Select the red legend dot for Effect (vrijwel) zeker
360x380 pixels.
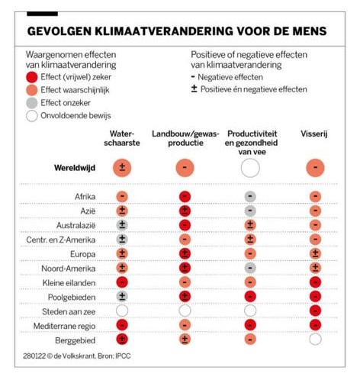point(32,77)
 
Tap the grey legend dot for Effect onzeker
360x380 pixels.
point(32,103)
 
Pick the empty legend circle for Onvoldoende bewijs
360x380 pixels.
point(32,116)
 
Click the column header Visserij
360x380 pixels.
point(313,134)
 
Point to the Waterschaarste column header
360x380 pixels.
point(122,138)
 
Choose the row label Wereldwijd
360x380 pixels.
point(75,168)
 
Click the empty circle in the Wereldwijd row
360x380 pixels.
point(250,168)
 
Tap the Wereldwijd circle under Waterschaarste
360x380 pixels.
point(122,168)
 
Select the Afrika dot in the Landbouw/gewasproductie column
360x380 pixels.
point(185,197)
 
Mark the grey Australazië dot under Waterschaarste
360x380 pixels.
point(122,225)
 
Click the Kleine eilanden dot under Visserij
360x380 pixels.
point(315,282)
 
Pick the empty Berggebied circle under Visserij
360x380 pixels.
point(315,340)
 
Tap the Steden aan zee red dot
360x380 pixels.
point(315,311)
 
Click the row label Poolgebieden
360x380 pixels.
point(72,297)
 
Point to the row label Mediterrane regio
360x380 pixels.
point(64,326)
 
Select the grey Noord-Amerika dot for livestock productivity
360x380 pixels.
point(250,268)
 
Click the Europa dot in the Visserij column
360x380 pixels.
point(315,254)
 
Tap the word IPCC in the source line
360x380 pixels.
point(123,356)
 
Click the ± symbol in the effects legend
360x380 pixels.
point(194,89)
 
